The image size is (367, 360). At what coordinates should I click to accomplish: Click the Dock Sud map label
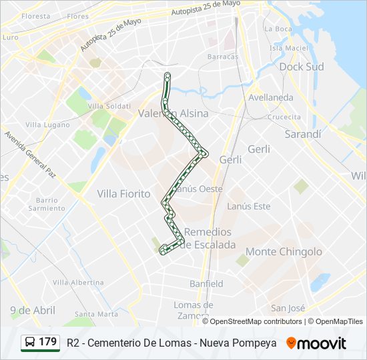[x=301, y=67]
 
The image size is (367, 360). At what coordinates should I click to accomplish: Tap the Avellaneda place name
[x=270, y=97]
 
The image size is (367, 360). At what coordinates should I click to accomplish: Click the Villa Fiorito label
[x=123, y=193]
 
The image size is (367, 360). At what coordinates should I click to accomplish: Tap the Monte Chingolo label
[x=284, y=251]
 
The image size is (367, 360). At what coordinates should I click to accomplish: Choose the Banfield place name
[x=206, y=283]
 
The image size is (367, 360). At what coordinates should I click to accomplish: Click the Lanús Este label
[x=249, y=207]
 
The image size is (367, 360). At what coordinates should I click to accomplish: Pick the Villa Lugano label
[x=47, y=125]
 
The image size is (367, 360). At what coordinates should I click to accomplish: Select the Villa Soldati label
[x=109, y=106]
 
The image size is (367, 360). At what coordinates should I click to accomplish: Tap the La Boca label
[x=278, y=29]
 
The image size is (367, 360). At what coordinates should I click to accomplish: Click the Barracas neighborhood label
[x=223, y=57]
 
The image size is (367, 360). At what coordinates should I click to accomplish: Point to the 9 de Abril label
[x=33, y=310]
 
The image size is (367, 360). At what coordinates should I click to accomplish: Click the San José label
[x=288, y=308]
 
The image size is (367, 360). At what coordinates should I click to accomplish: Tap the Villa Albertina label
[x=78, y=283]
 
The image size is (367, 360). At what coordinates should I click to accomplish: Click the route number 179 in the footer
[x=47, y=341]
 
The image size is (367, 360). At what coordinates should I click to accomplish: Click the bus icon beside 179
[x=31, y=342]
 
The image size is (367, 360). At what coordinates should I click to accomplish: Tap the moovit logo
[x=316, y=343]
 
